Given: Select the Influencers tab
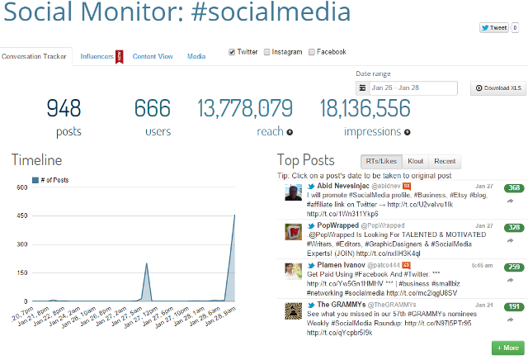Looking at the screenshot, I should click(97, 56).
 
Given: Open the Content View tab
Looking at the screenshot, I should click(153, 56).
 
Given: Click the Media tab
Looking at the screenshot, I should click(196, 56).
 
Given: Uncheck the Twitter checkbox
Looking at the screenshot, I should click(233, 52).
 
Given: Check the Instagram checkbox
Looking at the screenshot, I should click(267, 52).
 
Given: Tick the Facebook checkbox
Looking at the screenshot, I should click(311, 52).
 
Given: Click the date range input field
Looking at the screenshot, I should click(412, 88).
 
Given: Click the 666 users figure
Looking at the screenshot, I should click(152, 108).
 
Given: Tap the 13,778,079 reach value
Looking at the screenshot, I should click(245, 108).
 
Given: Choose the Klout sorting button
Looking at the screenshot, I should click(415, 161).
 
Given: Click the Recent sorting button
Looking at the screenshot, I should click(445, 161).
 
